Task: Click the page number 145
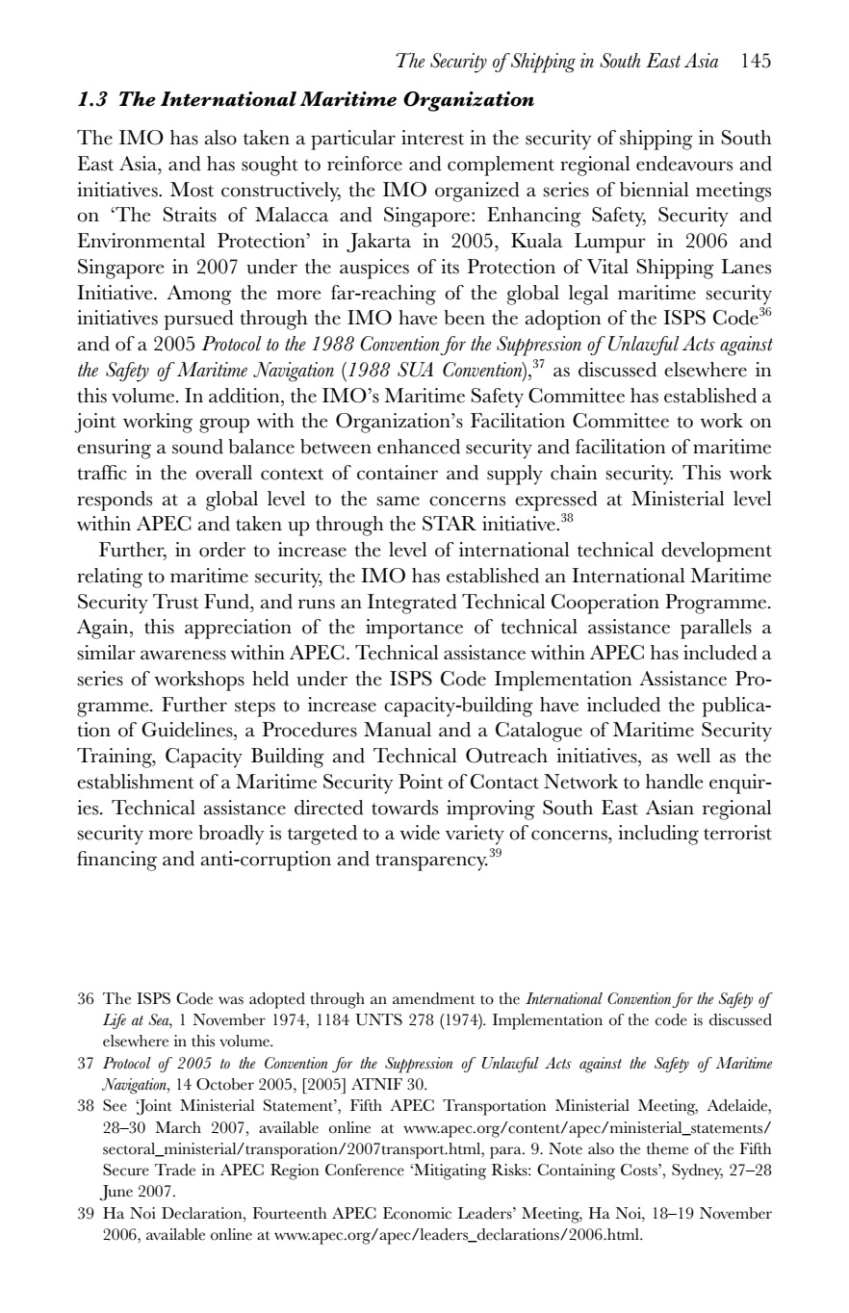[757, 63]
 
